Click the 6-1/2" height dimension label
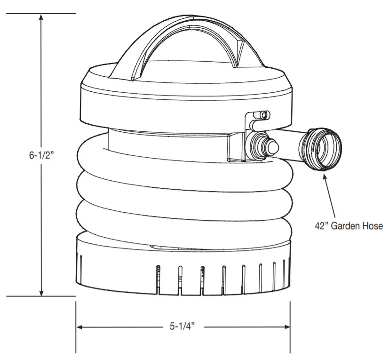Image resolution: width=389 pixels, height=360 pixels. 41,155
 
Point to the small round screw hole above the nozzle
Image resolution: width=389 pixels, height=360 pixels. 265,114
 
